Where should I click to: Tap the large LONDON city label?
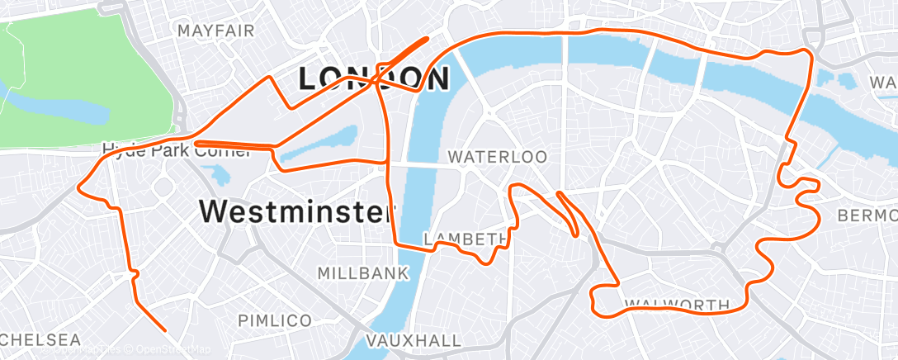pyautogui.click(x=373, y=79)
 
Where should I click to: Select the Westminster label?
pyautogui.click(x=295, y=211)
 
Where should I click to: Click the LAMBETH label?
pyautogui.click(x=465, y=239)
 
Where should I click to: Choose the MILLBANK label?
pyautogui.click(x=362, y=272)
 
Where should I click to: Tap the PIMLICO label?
pyautogui.click(x=275, y=320)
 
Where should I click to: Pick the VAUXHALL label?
pyautogui.click(x=413, y=340)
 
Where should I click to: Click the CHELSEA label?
pyautogui.click(x=40, y=340)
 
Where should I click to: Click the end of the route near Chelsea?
pyautogui.click(x=165, y=330)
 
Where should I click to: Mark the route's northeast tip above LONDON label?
pyautogui.click(x=428, y=38)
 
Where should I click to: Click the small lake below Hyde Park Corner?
pyautogui.click(x=220, y=174)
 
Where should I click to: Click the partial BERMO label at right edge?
pyautogui.click(x=866, y=216)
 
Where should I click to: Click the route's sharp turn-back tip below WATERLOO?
pyautogui.click(x=560, y=194)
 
